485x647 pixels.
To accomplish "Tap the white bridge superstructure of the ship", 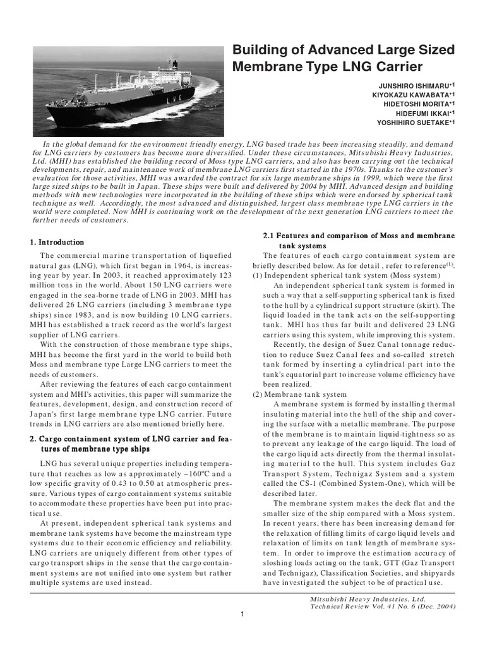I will (x=152, y=76).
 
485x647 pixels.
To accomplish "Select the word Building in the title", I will (x=260, y=49).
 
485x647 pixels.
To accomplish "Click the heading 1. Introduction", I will (x=57, y=242).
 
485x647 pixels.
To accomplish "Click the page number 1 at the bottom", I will (x=242, y=614).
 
